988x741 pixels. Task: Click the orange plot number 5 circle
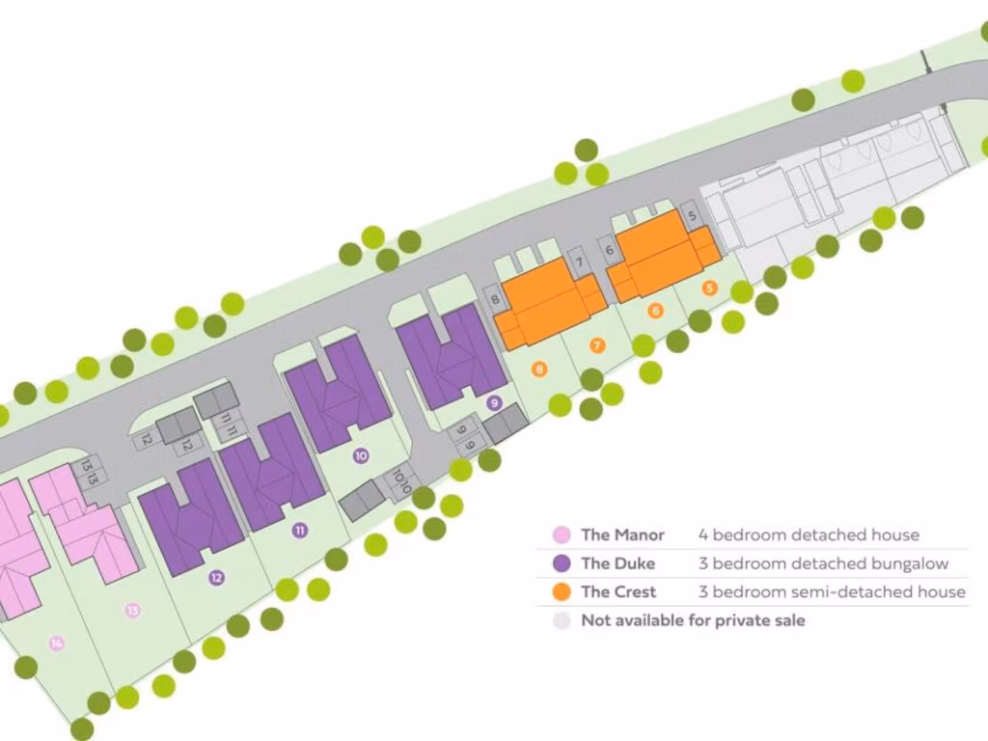pos(710,288)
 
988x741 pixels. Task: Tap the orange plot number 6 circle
pos(656,311)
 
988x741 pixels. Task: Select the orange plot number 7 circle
pos(597,344)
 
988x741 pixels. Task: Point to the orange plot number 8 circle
pos(538,368)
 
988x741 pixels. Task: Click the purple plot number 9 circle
pos(494,403)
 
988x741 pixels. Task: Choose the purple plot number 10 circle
pos(361,456)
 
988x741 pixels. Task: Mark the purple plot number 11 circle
pos(301,530)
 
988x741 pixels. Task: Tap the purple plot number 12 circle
pos(216,578)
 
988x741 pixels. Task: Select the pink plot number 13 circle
pos(132,610)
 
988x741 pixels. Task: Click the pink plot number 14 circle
pos(57,643)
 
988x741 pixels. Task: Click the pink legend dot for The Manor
pos(561,535)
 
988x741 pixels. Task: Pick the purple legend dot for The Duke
pos(561,563)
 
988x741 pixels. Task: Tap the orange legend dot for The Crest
pos(561,591)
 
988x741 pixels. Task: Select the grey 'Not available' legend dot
pos(561,620)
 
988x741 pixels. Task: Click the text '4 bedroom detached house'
pos(809,535)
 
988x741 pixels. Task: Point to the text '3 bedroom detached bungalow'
pos(823,563)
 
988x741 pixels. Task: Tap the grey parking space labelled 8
pos(495,299)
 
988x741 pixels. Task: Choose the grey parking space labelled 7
pos(578,261)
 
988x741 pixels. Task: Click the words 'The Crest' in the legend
pos(617,591)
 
